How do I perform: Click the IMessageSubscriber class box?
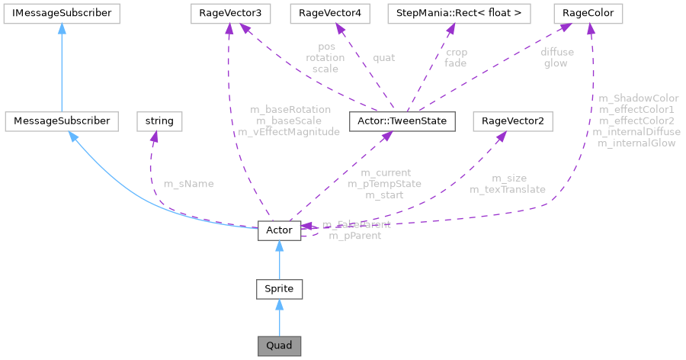pyautogui.click(x=59, y=13)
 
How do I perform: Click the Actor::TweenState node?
pyautogui.click(x=402, y=121)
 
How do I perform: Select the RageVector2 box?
pyautogui.click(x=513, y=121)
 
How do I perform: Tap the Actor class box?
pyautogui.click(x=279, y=229)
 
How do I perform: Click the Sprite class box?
pyautogui.click(x=279, y=289)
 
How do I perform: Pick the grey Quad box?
pyautogui.click(x=279, y=346)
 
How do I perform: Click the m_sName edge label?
pyautogui.click(x=188, y=184)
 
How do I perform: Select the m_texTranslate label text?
pyautogui.click(x=508, y=188)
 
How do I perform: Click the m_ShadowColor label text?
pyautogui.click(x=639, y=98)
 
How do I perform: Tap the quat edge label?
pyautogui.click(x=383, y=57)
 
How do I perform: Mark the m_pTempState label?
pyautogui.click(x=385, y=184)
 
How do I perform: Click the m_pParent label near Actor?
pyautogui.click(x=354, y=236)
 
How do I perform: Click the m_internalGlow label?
pyautogui.click(x=636, y=143)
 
